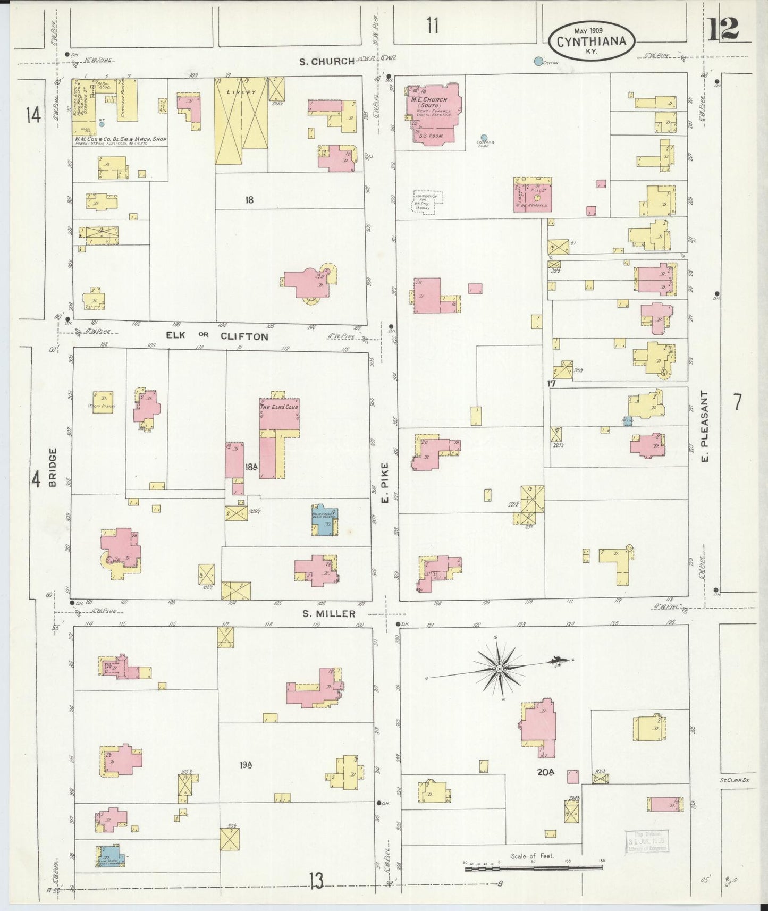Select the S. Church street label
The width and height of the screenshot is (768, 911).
tap(326, 61)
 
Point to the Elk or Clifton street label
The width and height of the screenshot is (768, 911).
tap(217, 336)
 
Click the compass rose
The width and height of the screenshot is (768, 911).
tap(500, 668)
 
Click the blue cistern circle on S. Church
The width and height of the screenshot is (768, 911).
tap(538, 61)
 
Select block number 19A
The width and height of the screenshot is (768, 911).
tap(245, 765)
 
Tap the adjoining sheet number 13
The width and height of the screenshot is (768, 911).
tap(316, 881)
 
